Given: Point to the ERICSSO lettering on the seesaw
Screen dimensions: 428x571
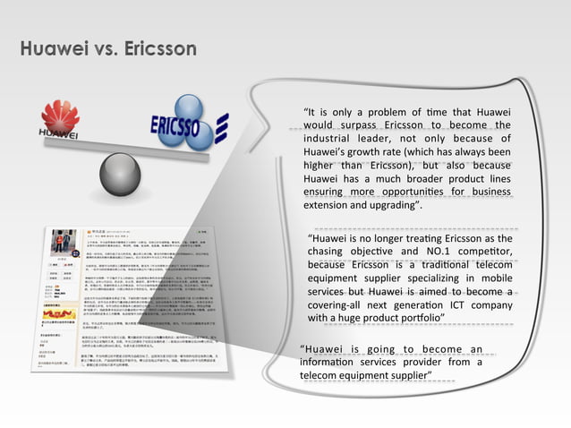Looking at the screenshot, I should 175,125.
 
